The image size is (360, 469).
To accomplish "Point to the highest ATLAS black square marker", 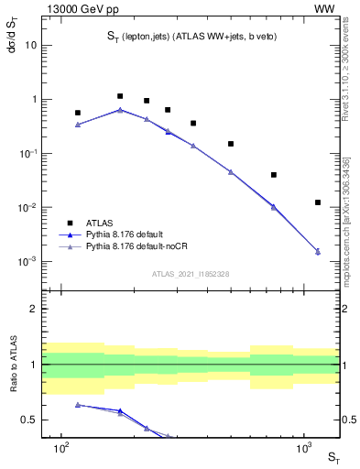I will [x=120, y=96].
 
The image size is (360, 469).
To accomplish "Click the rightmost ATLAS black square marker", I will [x=318, y=202].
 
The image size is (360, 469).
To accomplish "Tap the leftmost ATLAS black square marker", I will [x=78, y=113].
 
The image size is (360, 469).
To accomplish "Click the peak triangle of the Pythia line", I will [x=120, y=110].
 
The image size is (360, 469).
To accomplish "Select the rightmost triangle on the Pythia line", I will [x=318, y=251].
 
